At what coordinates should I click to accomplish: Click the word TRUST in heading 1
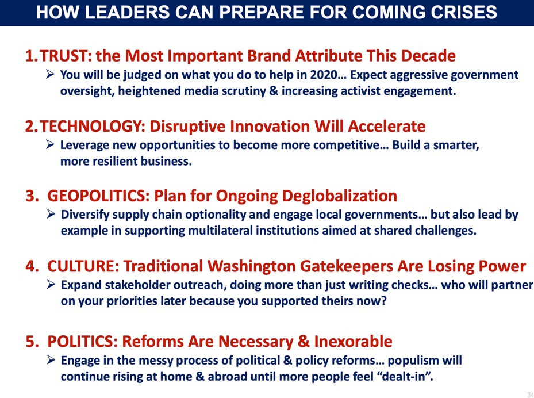(64, 56)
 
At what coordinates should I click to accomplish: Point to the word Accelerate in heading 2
(386, 126)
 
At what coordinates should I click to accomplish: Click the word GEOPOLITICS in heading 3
(97, 196)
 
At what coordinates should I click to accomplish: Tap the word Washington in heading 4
(252, 266)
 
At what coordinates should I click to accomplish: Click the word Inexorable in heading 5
(353, 342)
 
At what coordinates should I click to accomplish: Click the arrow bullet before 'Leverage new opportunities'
(51, 144)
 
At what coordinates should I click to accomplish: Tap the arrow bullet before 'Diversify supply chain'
(51, 215)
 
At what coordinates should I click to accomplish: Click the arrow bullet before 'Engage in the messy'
(51, 360)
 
